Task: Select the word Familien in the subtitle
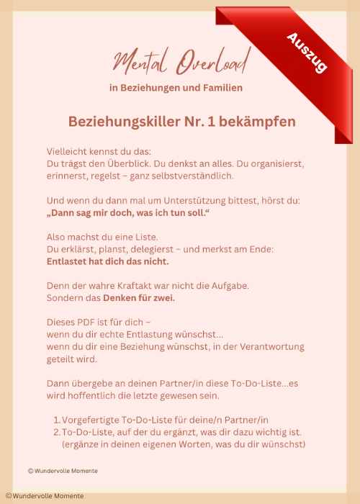click(x=218, y=88)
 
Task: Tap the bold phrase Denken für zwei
click(x=139, y=298)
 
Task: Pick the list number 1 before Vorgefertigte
click(x=56, y=420)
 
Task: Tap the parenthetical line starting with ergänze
click(x=184, y=444)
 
